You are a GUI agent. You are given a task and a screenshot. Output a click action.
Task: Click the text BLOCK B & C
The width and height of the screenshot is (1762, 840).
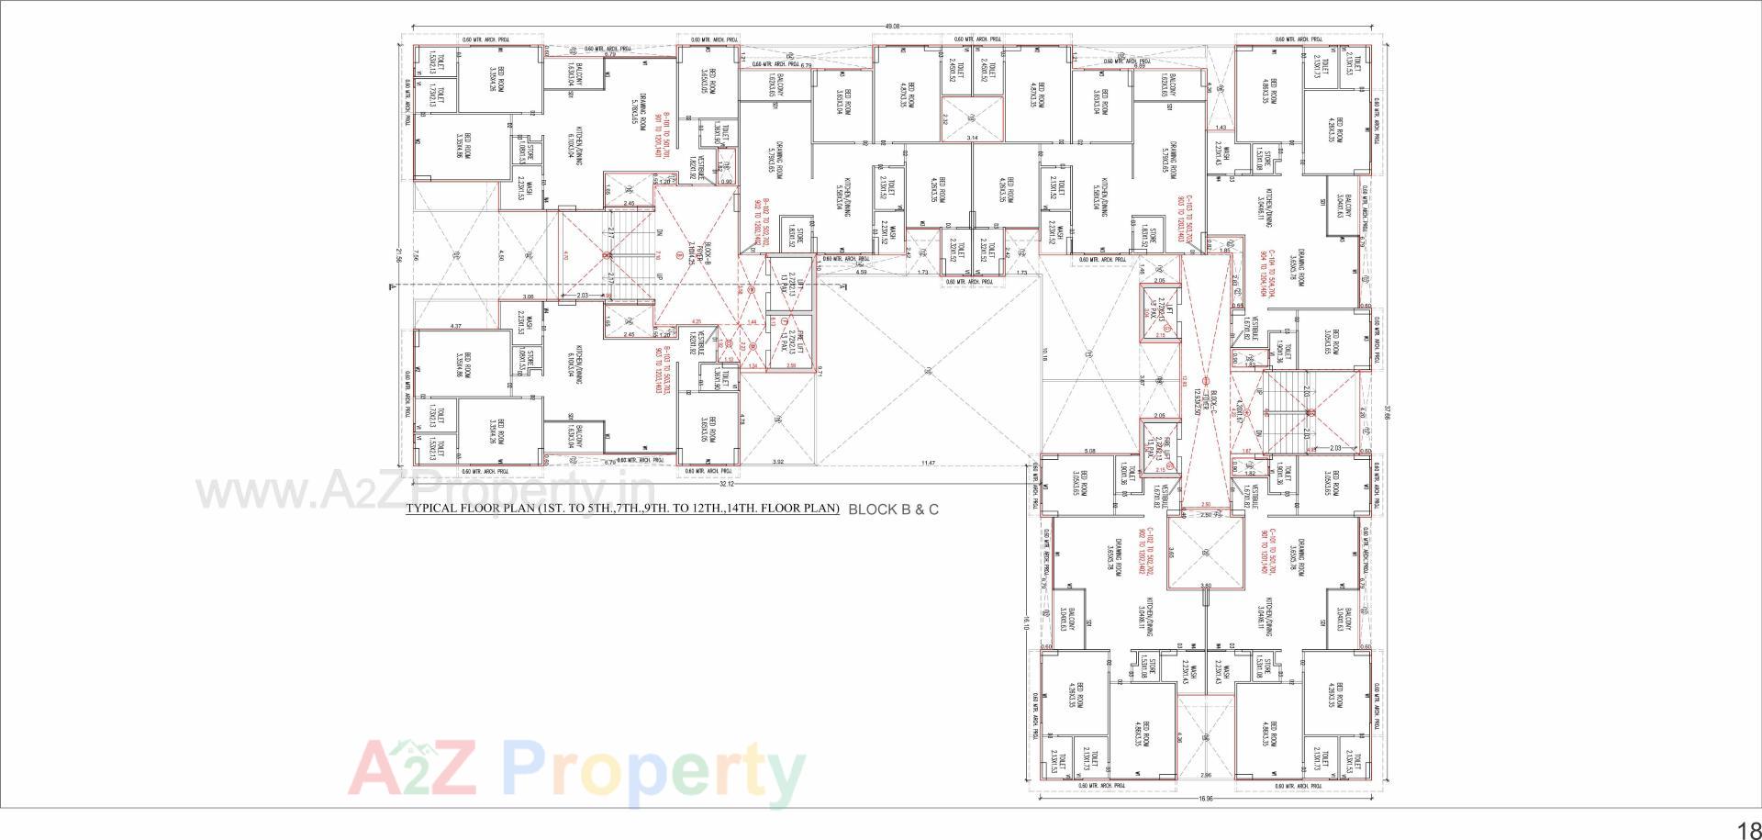[x=893, y=509]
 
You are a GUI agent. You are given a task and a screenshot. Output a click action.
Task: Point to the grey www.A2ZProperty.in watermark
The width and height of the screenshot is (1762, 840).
[x=425, y=492]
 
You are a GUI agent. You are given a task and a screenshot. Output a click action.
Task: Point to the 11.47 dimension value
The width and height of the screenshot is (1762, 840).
[x=928, y=463]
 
